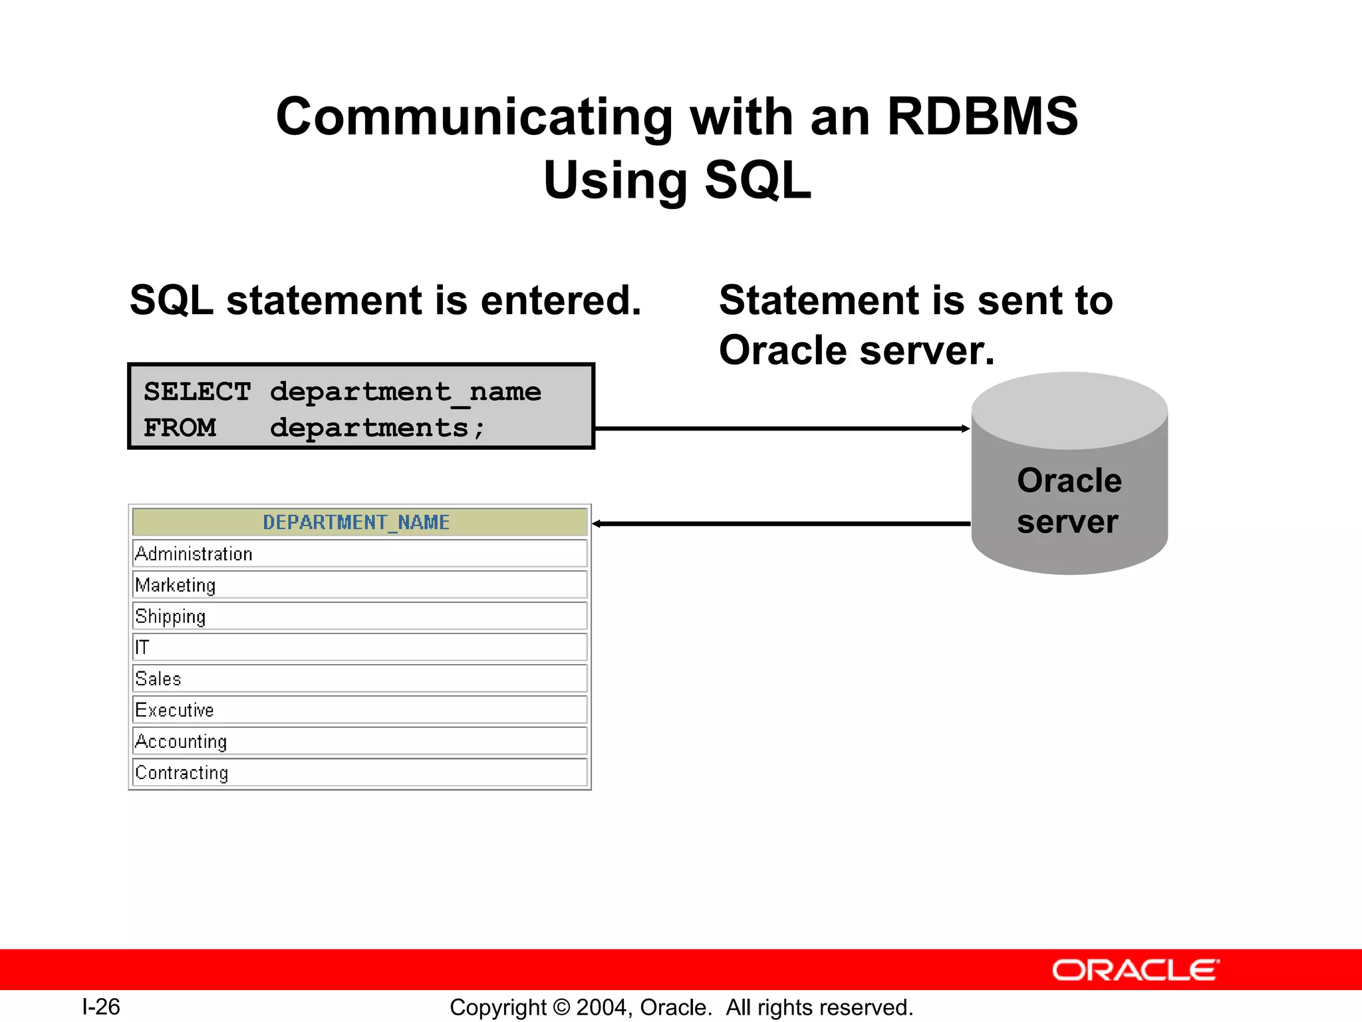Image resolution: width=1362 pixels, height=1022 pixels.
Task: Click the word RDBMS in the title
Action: pos(982,116)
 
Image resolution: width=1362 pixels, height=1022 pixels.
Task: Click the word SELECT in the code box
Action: pos(198,391)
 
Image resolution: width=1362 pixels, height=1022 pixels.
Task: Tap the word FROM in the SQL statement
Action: pos(180,427)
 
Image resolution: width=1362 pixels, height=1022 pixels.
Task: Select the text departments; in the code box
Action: pos(377,427)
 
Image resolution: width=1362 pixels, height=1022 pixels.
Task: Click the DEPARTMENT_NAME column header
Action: pos(356,522)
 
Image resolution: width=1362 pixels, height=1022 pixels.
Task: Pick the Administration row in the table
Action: pos(194,554)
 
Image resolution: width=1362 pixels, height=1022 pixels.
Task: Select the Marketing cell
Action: pos(176,585)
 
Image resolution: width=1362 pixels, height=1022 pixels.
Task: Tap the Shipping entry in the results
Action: pos(170,616)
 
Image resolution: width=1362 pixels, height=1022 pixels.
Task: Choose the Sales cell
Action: pos(158,679)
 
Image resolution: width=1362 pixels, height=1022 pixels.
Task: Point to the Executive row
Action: pos(174,710)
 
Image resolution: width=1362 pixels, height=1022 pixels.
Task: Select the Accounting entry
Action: pos(181,741)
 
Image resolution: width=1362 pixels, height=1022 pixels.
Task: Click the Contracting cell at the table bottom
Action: pos(182,772)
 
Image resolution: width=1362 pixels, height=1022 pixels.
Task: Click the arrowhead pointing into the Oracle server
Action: pos(966,428)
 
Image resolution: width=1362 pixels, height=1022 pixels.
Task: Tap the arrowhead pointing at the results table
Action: pos(597,524)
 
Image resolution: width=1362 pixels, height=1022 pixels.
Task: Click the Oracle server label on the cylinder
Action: pos(1069,500)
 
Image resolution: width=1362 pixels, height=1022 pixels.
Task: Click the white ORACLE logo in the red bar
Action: pos(1135,970)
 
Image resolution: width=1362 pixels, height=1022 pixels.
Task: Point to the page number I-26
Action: pos(101,1007)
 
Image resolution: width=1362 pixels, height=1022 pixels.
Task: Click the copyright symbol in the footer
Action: pos(561,1007)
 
